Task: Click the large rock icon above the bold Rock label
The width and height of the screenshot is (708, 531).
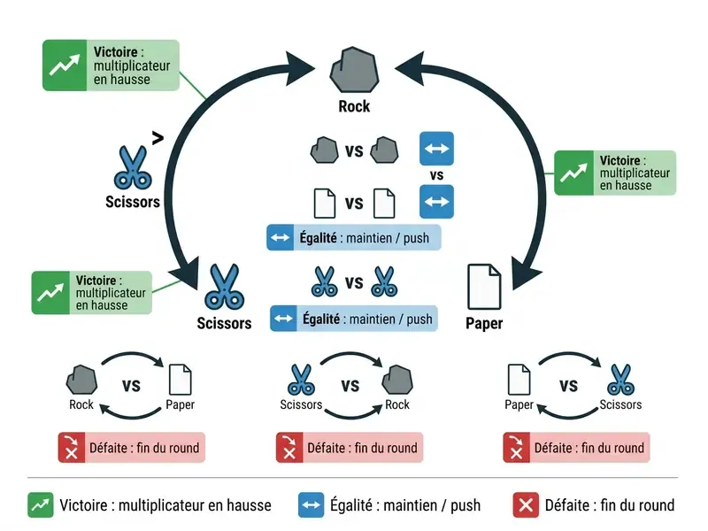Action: (x=355, y=70)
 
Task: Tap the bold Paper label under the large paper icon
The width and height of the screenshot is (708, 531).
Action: (x=484, y=323)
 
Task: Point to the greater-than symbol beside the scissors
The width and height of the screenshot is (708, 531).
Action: (x=158, y=138)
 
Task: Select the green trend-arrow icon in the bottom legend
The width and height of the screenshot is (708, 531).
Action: (x=41, y=504)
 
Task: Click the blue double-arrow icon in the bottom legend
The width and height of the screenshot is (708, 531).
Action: (x=312, y=504)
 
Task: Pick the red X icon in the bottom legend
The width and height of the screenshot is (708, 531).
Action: (x=526, y=504)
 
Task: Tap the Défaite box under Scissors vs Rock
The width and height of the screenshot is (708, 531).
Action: (x=350, y=448)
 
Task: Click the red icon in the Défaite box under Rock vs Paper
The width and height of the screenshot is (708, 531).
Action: (x=72, y=448)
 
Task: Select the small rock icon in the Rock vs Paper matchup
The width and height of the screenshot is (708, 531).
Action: (x=81, y=381)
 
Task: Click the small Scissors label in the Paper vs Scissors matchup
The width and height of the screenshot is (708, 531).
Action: (x=620, y=404)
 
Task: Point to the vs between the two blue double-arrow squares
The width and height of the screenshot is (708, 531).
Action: (x=436, y=175)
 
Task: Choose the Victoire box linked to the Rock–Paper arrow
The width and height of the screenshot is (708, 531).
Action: (x=615, y=173)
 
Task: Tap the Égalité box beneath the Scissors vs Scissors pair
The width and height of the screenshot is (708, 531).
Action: (x=354, y=319)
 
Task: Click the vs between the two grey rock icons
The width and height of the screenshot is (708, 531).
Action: (x=354, y=150)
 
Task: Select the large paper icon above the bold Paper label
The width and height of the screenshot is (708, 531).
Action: (x=484, y=287)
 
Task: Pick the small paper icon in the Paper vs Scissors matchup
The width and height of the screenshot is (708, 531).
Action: (x=519, y=380)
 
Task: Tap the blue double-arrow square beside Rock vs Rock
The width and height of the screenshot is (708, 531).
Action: (x=436, y=149)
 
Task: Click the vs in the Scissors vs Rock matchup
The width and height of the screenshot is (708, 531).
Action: (x=350, y=386)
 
